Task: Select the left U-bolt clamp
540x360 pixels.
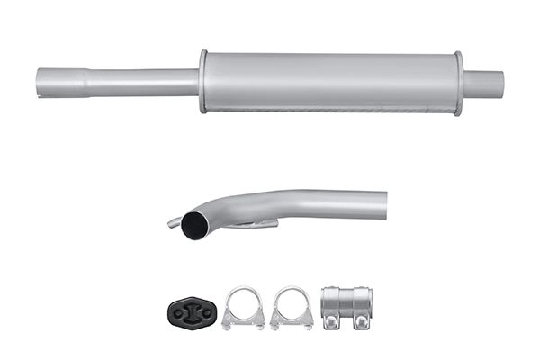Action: [x=243, y=308]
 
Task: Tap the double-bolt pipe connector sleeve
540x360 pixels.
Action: [x=346, y=308]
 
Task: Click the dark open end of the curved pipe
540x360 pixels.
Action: [x=193, y=226]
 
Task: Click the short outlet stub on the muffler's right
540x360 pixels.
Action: [x=483, y=84]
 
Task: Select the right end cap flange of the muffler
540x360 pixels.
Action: [x=458, y=83]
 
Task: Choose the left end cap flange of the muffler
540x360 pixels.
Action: [x=203, y=82]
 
